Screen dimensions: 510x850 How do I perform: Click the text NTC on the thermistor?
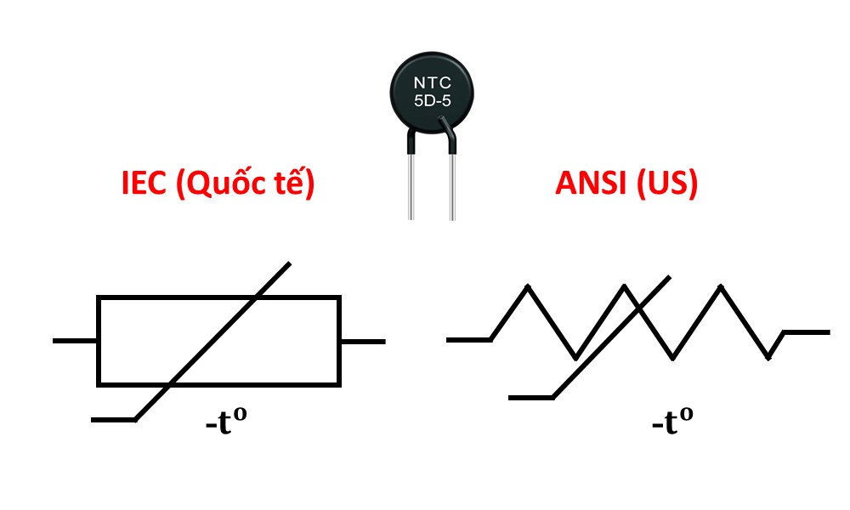432,82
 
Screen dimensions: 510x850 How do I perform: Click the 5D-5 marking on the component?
432,103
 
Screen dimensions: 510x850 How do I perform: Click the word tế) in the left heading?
294,183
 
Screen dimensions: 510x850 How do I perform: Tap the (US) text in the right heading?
669,183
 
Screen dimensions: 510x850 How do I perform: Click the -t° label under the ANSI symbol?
671,421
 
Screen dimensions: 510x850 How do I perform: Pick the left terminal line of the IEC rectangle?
75,341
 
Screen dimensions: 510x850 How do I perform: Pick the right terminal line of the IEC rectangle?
363,341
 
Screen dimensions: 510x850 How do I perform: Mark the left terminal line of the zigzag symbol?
468,340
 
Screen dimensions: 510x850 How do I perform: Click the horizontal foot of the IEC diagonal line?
112,419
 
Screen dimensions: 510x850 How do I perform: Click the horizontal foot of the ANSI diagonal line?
530,397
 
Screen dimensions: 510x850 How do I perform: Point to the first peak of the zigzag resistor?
529,286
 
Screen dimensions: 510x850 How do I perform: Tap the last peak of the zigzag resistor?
722,286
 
